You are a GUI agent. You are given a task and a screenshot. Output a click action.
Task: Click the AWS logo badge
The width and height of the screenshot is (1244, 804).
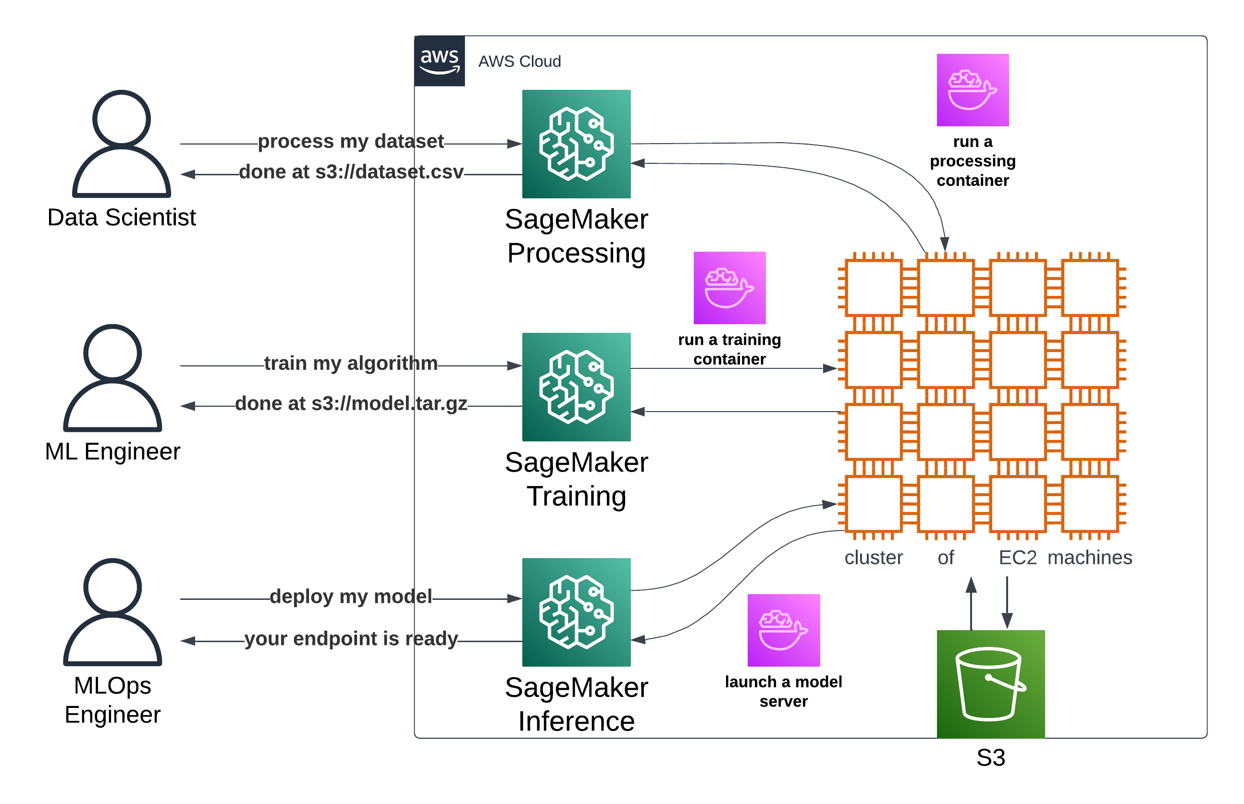(x=439, y=61)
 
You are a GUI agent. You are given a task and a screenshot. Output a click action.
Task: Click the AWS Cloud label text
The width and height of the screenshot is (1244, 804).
(x=519, y=61)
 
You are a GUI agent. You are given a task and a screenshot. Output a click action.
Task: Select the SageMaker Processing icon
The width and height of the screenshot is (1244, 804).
(x=576, y=144)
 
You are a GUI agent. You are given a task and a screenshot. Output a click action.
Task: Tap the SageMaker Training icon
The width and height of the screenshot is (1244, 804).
(x=576, y=387)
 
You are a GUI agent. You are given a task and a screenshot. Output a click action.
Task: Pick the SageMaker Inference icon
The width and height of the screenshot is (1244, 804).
(x=576, y=612)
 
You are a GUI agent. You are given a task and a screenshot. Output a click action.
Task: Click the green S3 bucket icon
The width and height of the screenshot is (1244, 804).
(x=990, y=684)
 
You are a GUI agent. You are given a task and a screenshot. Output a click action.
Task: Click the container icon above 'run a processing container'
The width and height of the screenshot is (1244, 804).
(x=973, y=90)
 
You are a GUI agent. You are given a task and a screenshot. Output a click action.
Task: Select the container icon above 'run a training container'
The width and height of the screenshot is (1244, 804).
(x=729, y=288)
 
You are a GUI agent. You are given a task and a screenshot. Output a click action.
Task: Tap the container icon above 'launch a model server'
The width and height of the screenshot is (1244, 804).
(x=783, y=630)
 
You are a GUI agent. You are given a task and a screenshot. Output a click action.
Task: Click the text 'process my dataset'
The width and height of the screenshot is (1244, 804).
(x=350, y=142)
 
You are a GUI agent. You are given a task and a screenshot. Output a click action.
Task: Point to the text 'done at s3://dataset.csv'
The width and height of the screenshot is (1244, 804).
(x=351, y=172)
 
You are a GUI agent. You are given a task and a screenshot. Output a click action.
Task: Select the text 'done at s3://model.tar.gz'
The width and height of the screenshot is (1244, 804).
(x=351, y=403)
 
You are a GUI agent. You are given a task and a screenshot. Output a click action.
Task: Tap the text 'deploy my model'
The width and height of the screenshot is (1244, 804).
(x=350, y=596)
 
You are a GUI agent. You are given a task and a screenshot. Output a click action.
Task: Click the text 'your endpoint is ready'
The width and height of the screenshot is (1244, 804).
(x=351, y=638)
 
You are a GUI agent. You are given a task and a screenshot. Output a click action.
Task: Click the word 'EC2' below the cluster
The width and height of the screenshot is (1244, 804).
(x=1017, y=558)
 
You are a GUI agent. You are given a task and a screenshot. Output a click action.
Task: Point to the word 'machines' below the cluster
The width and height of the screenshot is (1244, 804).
(x=1089, y=558)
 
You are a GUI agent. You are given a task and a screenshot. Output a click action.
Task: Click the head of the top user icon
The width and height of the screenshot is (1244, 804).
(x=122, y=118)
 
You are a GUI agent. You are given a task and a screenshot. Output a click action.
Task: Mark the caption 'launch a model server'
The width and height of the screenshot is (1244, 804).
(x=783, y=691)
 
